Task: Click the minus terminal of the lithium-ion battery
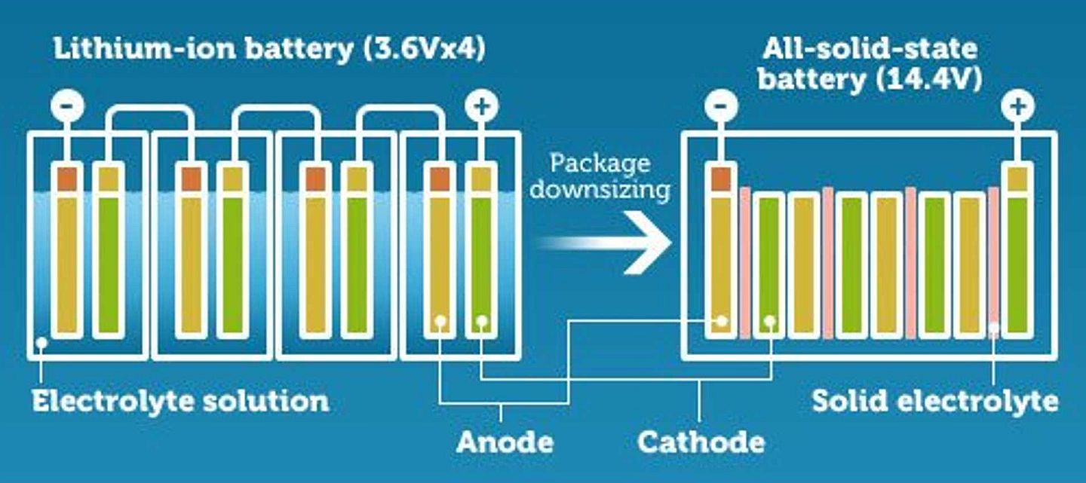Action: click(67, 105)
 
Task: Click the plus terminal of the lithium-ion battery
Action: click(481, 105)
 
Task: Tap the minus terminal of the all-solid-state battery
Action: click(721, 105)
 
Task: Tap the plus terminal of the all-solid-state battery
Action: click(1017, 105)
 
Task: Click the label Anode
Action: click(505, 442)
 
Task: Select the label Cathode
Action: click(701, 442)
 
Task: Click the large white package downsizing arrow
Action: click(606, 243)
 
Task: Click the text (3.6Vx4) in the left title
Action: click(423, 50)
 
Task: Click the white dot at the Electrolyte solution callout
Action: click(41, 343)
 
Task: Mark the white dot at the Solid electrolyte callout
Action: click(994, 329)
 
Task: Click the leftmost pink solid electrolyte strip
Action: click(745, 263)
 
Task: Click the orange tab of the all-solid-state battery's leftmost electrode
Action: click(721, 179)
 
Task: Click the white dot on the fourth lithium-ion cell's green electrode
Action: click(481, 320)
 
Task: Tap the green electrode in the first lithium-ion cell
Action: click(109, 265)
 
